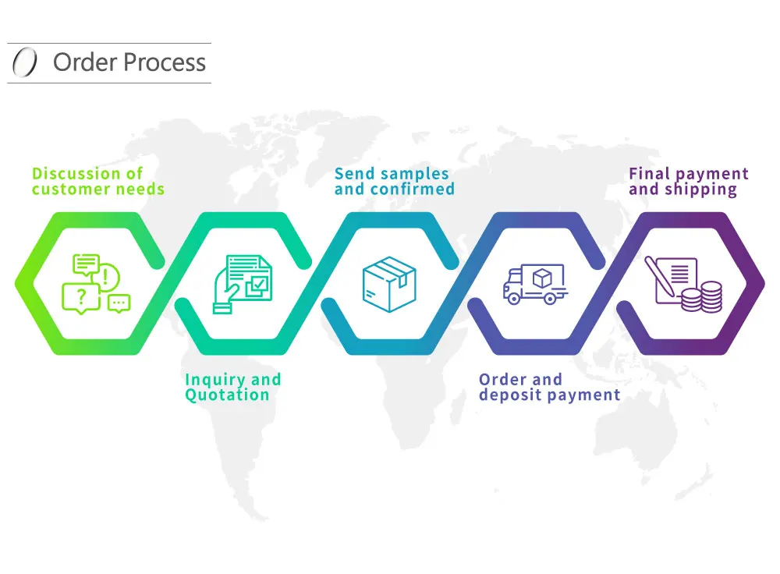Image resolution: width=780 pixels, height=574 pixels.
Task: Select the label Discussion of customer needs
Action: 98,181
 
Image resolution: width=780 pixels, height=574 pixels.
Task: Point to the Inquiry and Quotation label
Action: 232,387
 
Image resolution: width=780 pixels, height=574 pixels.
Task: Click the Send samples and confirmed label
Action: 394,181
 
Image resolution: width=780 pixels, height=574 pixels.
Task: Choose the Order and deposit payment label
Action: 549,387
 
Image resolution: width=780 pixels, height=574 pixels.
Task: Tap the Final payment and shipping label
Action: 688,181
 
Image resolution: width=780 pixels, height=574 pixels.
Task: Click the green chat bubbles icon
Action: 95,283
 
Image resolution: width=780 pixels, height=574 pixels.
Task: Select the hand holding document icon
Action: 242,283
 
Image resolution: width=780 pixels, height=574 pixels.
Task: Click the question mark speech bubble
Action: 81,296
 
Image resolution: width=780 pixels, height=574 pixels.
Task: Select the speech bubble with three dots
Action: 119,303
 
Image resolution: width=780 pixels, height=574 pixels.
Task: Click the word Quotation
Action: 227,395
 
